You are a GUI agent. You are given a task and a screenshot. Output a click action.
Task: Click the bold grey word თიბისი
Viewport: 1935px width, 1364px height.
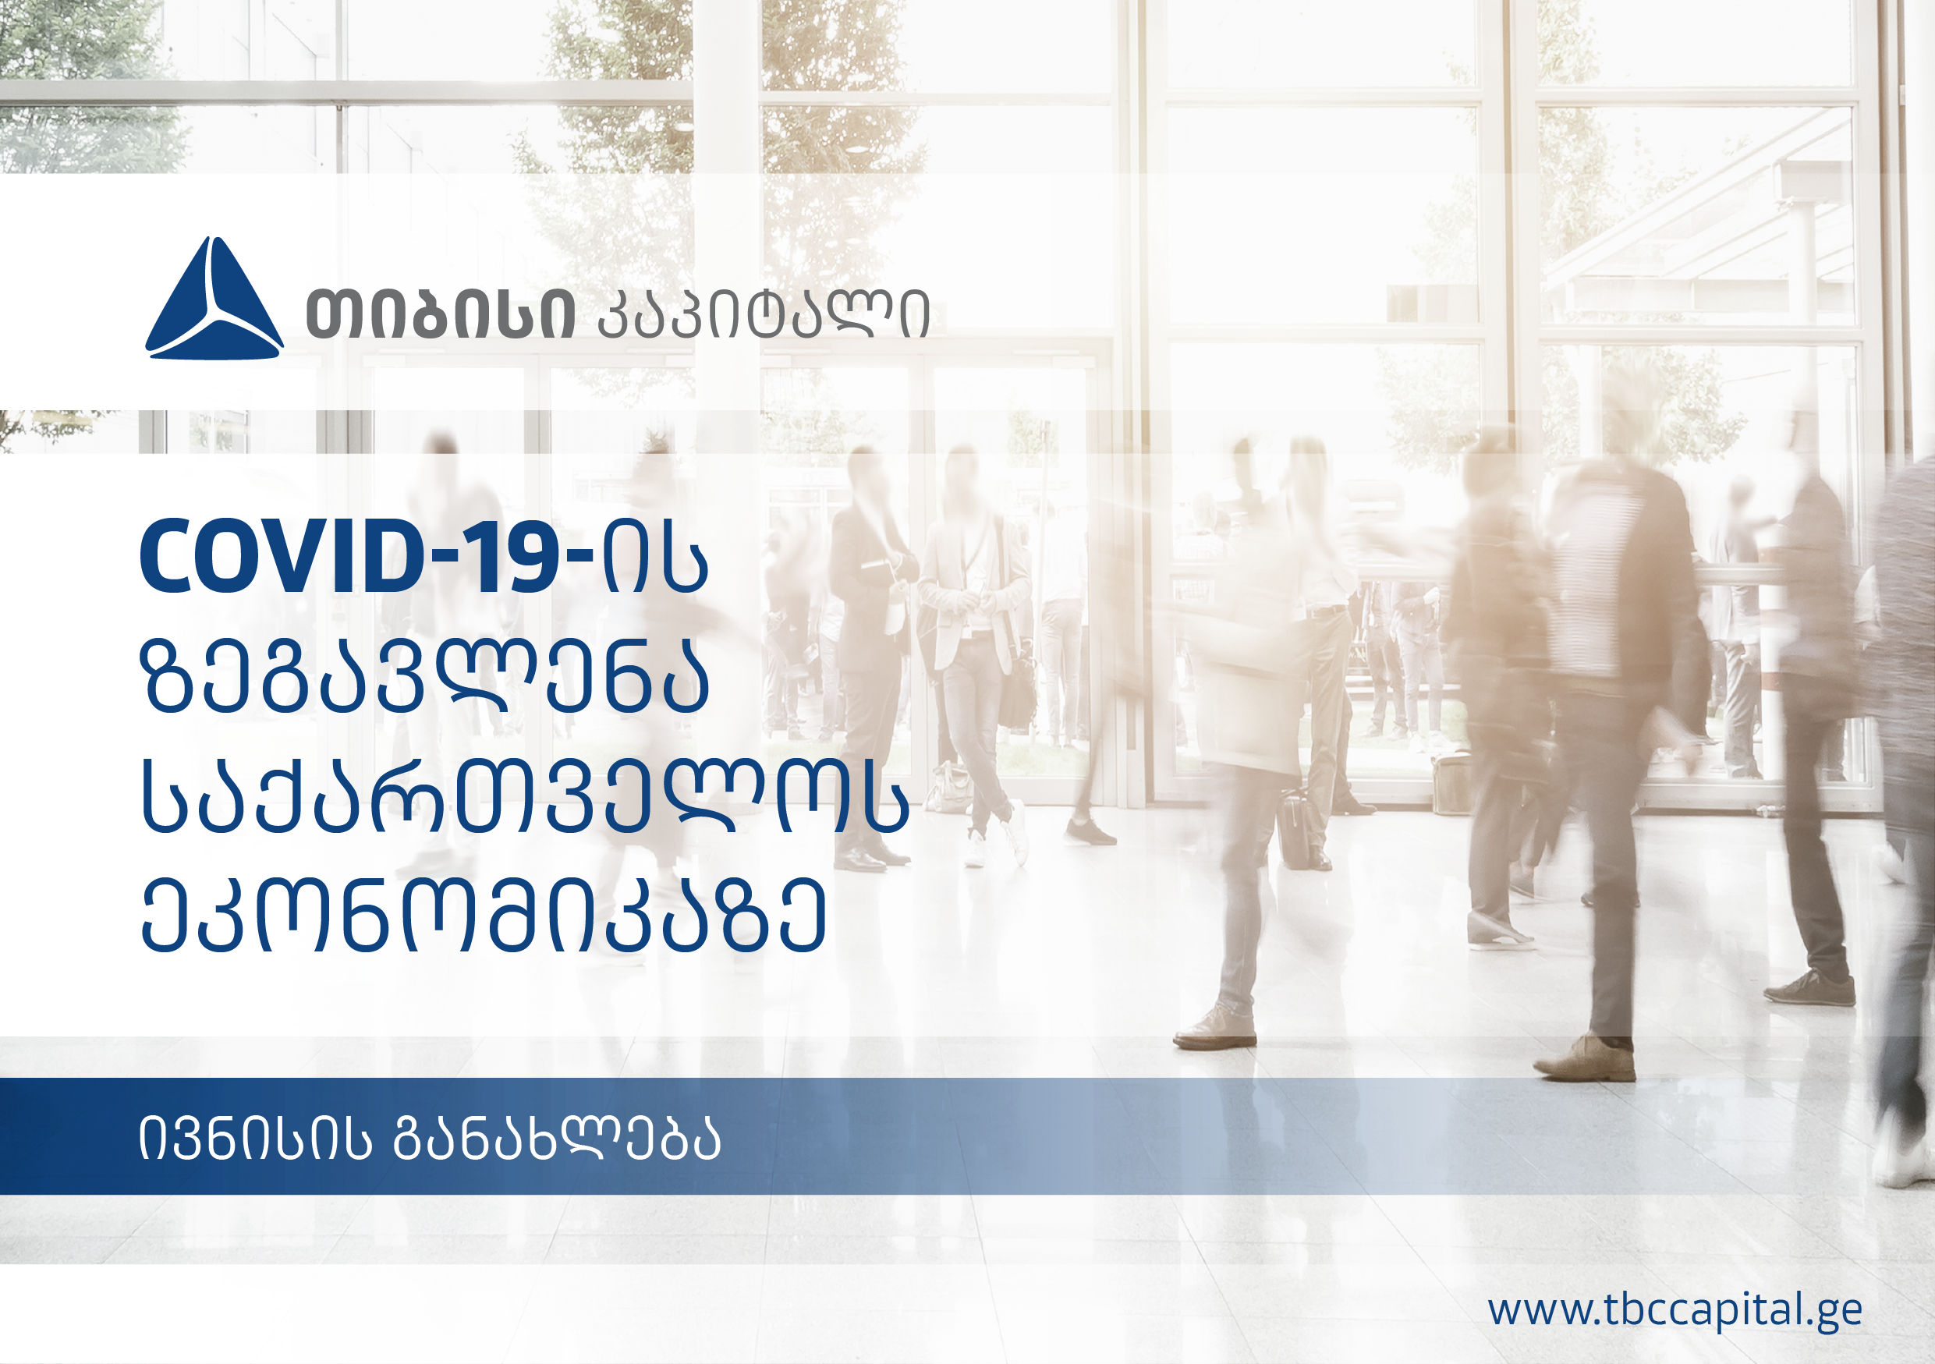click(441, 314)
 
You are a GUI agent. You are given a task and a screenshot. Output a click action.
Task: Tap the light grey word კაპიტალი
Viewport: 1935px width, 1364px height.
click(764, 314)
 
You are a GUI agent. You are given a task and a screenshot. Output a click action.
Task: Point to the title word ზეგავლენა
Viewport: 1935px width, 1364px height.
click(425, 675)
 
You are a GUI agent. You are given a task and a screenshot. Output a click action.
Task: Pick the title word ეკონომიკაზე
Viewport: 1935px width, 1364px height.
click(483, 914)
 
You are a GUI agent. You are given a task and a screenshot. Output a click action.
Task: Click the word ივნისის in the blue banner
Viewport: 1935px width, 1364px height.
click(254, 1139)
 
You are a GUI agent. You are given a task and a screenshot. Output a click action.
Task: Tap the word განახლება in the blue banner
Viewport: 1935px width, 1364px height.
click(557, 1139)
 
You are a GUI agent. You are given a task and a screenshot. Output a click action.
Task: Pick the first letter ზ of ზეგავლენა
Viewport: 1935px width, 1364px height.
click(167, 675)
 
